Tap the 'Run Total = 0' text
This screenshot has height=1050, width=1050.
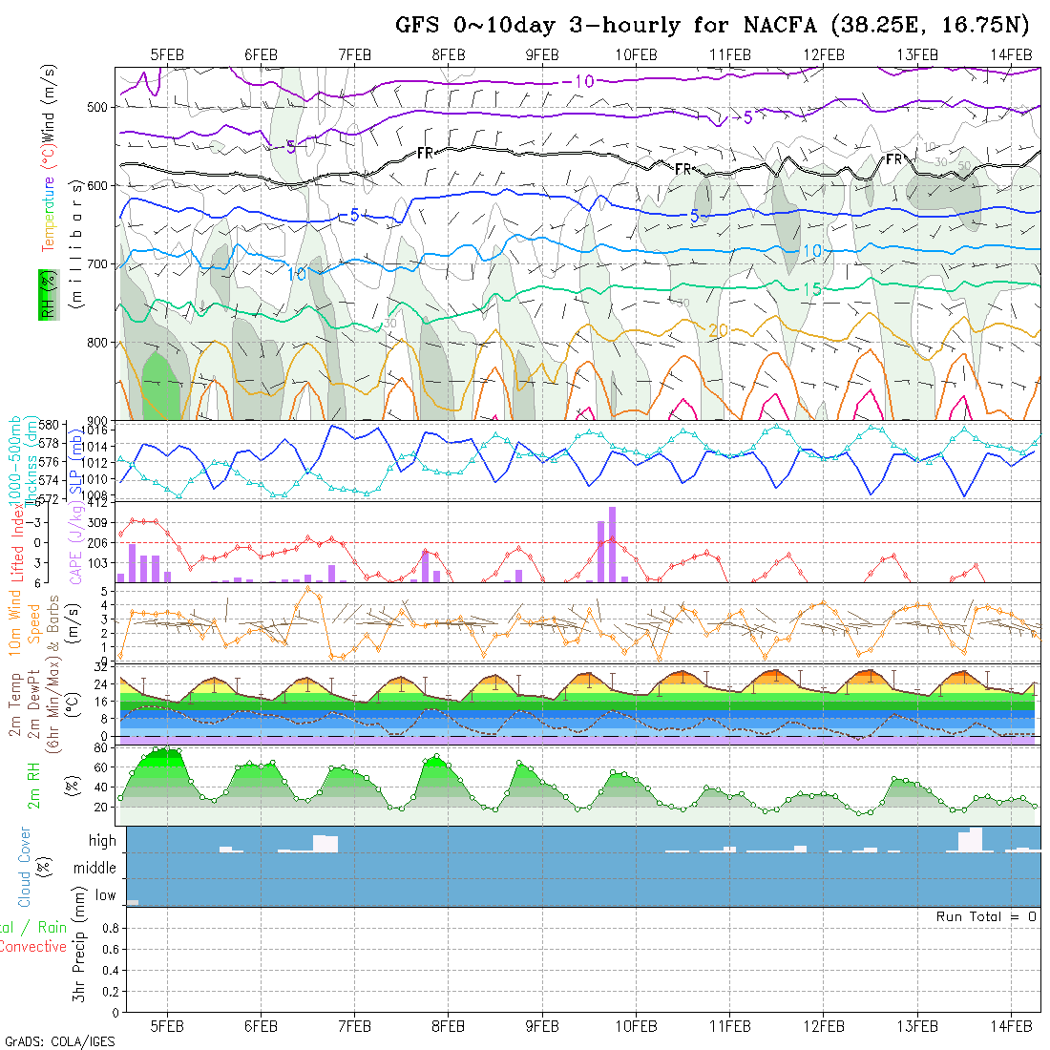tap(986, 916)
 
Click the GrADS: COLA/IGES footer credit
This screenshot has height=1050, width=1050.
tap(59, 1041)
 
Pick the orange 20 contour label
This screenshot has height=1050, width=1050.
tap(718, 330)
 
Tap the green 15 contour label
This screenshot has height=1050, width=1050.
tap(811, 289)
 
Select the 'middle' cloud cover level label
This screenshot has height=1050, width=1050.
tap(95, 869)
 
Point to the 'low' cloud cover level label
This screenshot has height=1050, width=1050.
tap(105, 895)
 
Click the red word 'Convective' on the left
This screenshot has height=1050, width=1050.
tap(33, 947)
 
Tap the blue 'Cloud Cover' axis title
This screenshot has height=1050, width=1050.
tap(25, 867)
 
